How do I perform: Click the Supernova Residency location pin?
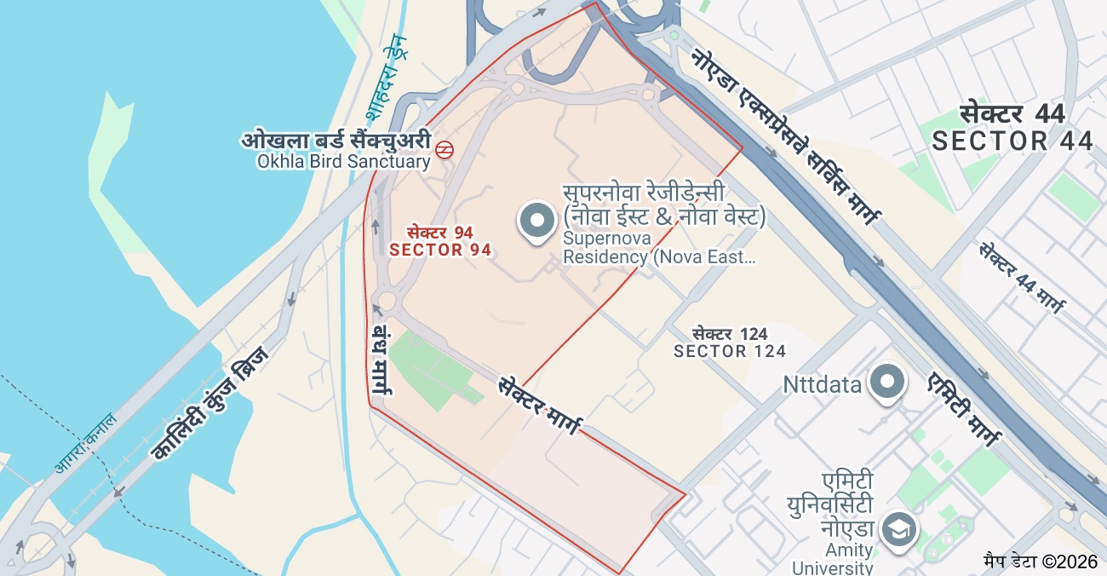536,221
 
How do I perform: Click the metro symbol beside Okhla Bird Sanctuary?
444,150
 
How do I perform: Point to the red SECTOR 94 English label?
440,250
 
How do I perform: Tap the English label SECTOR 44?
1012,141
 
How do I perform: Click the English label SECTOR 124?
729,351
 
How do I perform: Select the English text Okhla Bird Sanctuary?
344,161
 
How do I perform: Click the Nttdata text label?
822,385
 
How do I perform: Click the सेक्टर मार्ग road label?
539,404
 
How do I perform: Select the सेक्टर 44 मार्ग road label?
1021,277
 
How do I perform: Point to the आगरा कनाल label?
85,441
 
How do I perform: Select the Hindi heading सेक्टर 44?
1012,113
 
